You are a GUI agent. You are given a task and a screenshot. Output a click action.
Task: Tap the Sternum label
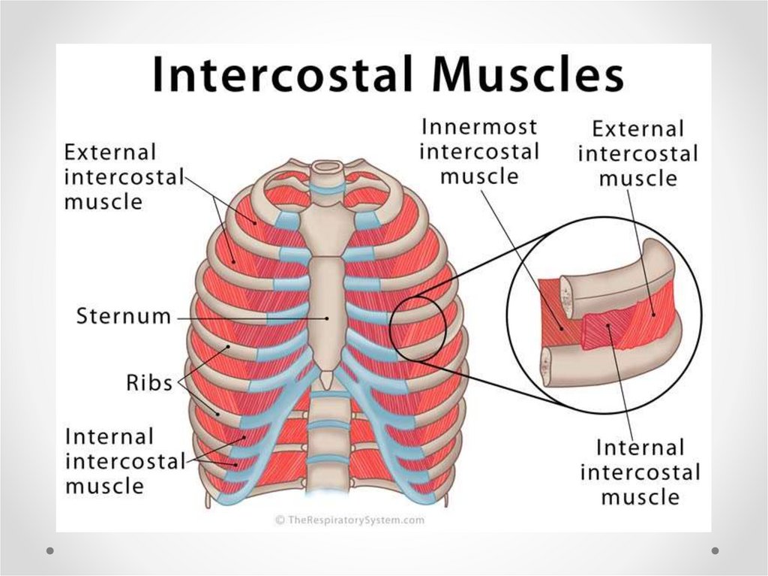pos(123,317)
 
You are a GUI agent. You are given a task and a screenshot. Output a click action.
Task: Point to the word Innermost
pos(478,127)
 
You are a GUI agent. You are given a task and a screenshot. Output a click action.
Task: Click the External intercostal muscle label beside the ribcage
pos(124,177)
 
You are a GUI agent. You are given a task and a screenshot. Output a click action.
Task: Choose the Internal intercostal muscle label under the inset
pos(640,472)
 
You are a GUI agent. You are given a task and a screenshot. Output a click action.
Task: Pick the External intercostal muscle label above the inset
pos(637,154)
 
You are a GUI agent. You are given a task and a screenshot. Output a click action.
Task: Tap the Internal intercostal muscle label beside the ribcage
pos(124,461)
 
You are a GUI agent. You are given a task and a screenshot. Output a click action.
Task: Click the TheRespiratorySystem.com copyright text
pos(349,519)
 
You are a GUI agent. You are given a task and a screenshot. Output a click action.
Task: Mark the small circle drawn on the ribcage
pos(418,327)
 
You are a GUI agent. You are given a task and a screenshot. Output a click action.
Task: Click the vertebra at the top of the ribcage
pos(325,168)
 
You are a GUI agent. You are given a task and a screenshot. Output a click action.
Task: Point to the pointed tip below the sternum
pos(326,381)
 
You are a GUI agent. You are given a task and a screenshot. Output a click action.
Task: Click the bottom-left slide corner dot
pos(50,550)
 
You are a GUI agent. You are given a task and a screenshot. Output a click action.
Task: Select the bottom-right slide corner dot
pos(715,550)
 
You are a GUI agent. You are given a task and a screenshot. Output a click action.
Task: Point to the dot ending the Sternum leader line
pos(328,317)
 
